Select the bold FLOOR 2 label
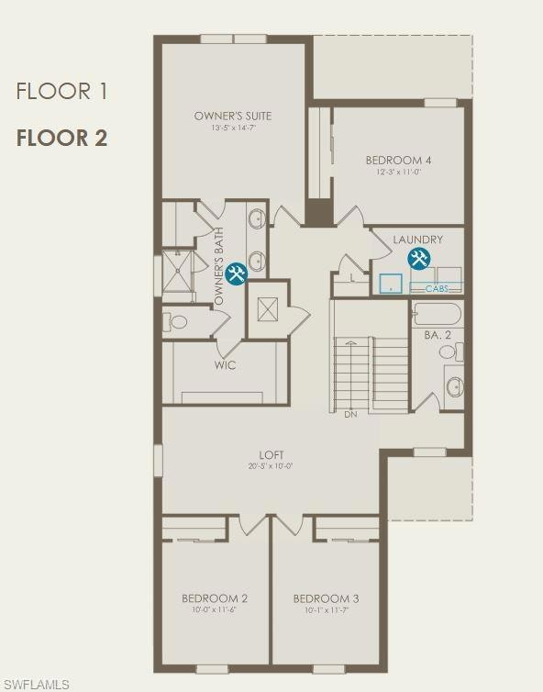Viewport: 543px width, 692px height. pyautogui.click(x=61, y=139)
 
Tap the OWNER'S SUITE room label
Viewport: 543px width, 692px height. pyautogui.click(x=233, y=116)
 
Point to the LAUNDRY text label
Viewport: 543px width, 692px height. pyautogui.click(x=417, y=240)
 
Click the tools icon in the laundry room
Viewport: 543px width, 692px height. pyautogui.click(x=419, y=260)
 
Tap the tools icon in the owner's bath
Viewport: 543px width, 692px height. pyautogui.click(x=236, y=273)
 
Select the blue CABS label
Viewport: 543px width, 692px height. pyautogui.click(x=437, y=288)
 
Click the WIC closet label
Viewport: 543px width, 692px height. pyautogui.click(x=226, y=365)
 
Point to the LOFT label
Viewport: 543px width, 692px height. pyautogui.click(x=271, y=454)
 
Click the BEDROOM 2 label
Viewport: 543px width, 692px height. pyautogui.click(x=214, y=598)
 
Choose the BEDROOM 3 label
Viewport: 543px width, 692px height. pyautogui.click(x=326, y=598)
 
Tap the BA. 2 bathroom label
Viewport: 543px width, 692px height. pyautogui.click(x=438, y=336)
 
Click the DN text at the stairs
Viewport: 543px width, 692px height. pyautogui.click(x=350, y=415)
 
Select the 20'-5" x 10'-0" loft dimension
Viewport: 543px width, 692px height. pyautogui.click(x=271, y=466)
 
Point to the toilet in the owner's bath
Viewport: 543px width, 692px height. pyautogui.click(x=177, y=322)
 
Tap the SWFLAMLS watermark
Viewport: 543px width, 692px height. pyautogui.click(x=36, y=684)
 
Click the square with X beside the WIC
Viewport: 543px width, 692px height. pyautogui.click(x=268, y=309)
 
